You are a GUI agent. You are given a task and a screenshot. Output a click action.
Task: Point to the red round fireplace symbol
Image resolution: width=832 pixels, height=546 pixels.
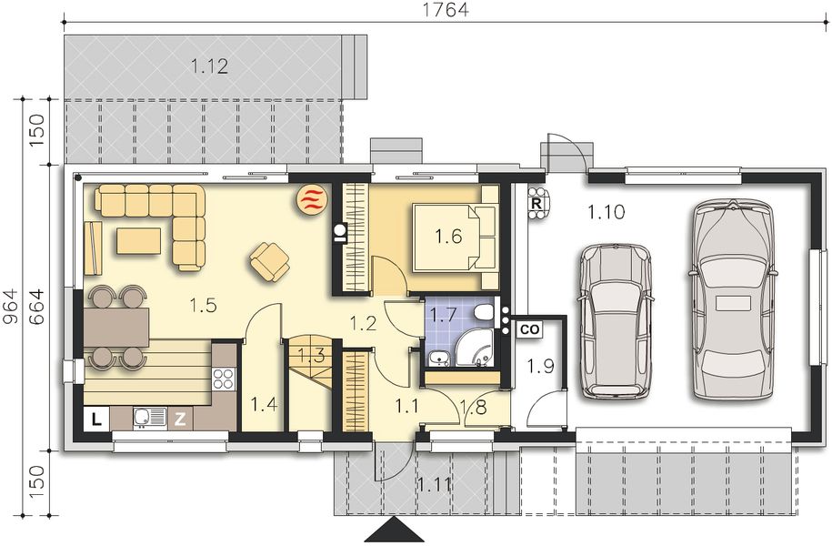pos(312,199)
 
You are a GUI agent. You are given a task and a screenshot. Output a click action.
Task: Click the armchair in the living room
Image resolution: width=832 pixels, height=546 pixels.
pos(269,261)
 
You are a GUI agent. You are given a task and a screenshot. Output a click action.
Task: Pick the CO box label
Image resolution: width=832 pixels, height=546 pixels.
pos(529,329)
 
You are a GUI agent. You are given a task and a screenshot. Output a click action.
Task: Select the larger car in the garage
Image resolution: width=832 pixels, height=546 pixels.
pos(731,300)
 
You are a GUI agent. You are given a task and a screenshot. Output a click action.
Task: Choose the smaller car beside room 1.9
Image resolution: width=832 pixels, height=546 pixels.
pos(616,321)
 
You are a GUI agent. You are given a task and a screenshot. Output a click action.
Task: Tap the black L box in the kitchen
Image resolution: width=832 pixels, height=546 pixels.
pos(95,419)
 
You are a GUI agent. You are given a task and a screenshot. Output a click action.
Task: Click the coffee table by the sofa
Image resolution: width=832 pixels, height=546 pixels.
pos(138,240)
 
